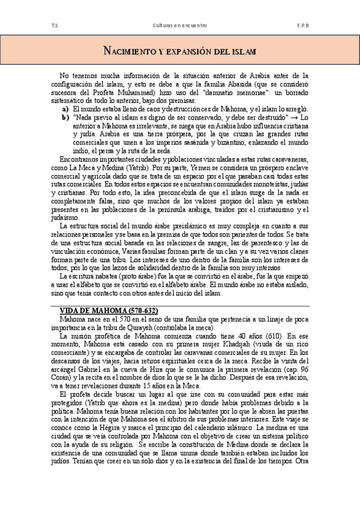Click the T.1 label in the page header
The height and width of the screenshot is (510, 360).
click(55, 26)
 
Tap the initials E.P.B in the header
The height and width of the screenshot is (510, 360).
click(302, 26)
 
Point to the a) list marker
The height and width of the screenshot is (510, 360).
click(65, 109)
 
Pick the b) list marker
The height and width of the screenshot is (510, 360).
click(65, 117)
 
